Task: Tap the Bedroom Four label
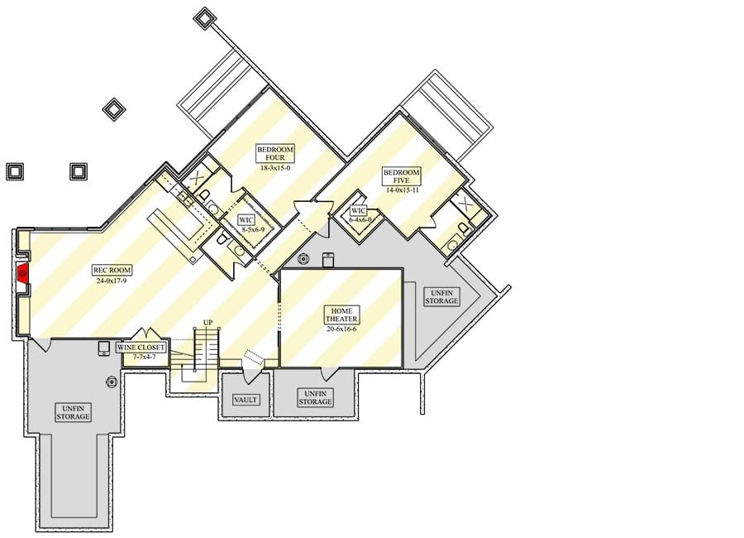(275, 153)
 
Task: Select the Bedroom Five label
(402, 175)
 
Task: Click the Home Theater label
(341, 315)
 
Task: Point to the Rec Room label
(112, 270)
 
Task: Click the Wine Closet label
(141, 348)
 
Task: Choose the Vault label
(246, 400)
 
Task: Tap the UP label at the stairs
(207, 323)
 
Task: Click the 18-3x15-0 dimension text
(275, 168)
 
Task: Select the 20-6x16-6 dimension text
(341, 329)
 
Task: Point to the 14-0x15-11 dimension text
(403, 190)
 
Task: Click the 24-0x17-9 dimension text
(112, 281)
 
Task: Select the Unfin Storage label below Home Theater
(315, 397)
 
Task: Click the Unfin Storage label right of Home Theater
(441, 296)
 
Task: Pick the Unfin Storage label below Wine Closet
(73, 412)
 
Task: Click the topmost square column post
(204, 18)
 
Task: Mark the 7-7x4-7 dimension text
(144, 357)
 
